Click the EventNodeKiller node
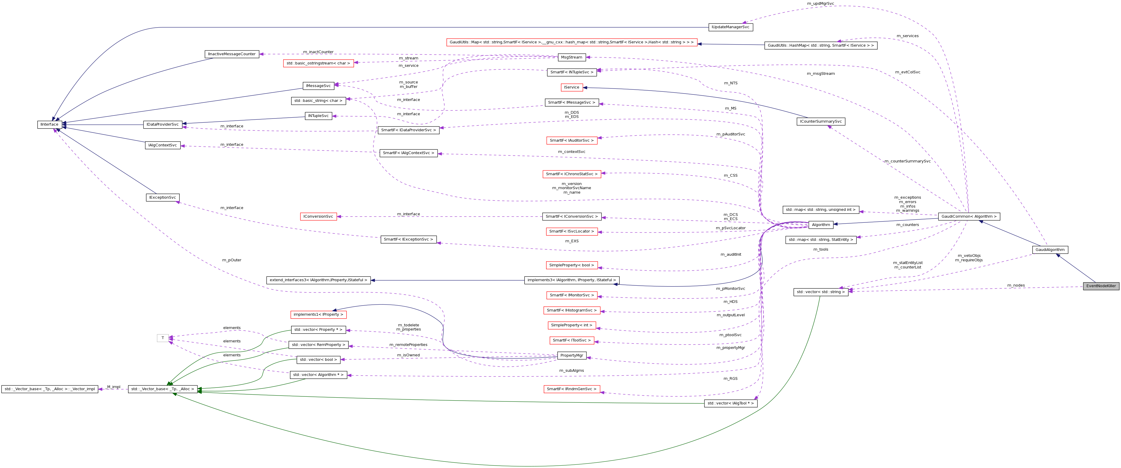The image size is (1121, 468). (1101, 286)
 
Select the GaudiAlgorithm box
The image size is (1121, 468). (1050, 250)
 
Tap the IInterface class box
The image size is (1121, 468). (49, 125)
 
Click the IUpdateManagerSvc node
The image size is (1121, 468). (730, 27)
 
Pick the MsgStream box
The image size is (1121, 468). (571, 57)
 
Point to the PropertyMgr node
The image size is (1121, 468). (571, 355)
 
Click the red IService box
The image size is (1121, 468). (571, 87)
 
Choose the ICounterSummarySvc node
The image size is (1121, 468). (820, 121)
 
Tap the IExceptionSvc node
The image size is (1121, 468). (162, 197)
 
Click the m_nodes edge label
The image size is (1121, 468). (1016, 285)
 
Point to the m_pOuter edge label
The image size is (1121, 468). (232, 260)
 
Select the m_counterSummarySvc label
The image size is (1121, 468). (907, 161)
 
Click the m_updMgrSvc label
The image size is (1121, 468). (820, 4)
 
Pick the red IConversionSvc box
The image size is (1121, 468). (318, 216)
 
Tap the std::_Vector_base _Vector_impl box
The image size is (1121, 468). (50, 389)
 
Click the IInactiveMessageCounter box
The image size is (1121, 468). (232, 54)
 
